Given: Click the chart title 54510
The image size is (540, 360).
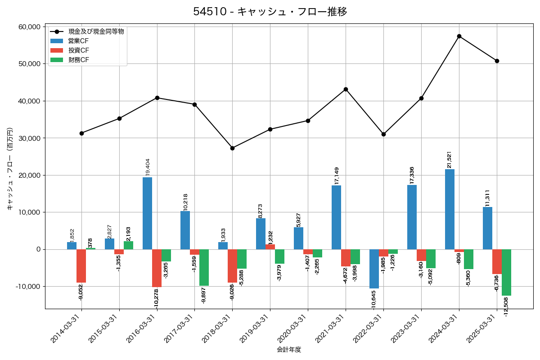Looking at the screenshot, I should [270, 11].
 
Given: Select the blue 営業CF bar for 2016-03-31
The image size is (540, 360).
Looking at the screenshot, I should [147, 213].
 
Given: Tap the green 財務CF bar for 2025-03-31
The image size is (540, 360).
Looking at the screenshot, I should [506, 272].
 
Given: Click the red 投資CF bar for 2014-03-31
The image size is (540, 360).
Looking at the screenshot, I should [81, 266].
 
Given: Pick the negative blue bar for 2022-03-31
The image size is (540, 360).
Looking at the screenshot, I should [374, 269].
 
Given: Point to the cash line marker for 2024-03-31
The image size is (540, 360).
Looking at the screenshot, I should [459, 36].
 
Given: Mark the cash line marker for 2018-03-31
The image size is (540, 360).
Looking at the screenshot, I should [232, 148].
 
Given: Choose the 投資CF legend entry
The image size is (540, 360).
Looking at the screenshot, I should [79, 50].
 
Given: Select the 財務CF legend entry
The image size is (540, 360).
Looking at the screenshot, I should [79, 60].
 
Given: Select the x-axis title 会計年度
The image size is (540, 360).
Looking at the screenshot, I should [288, 350].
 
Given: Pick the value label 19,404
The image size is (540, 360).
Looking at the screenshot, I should [147, 167].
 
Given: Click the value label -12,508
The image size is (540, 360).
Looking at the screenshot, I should [506, 307].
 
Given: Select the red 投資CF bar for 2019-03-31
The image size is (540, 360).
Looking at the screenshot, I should [270, 247].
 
